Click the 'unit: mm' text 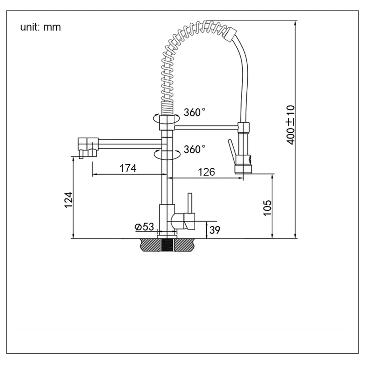(40, 27)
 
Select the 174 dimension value (128, 168)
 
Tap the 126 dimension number (206, 172)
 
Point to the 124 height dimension (68, 200)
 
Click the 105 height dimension (267, 207)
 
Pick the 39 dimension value (215, 230)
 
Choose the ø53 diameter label (144, 227)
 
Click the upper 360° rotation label (195, 112)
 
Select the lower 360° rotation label (195, 149)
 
